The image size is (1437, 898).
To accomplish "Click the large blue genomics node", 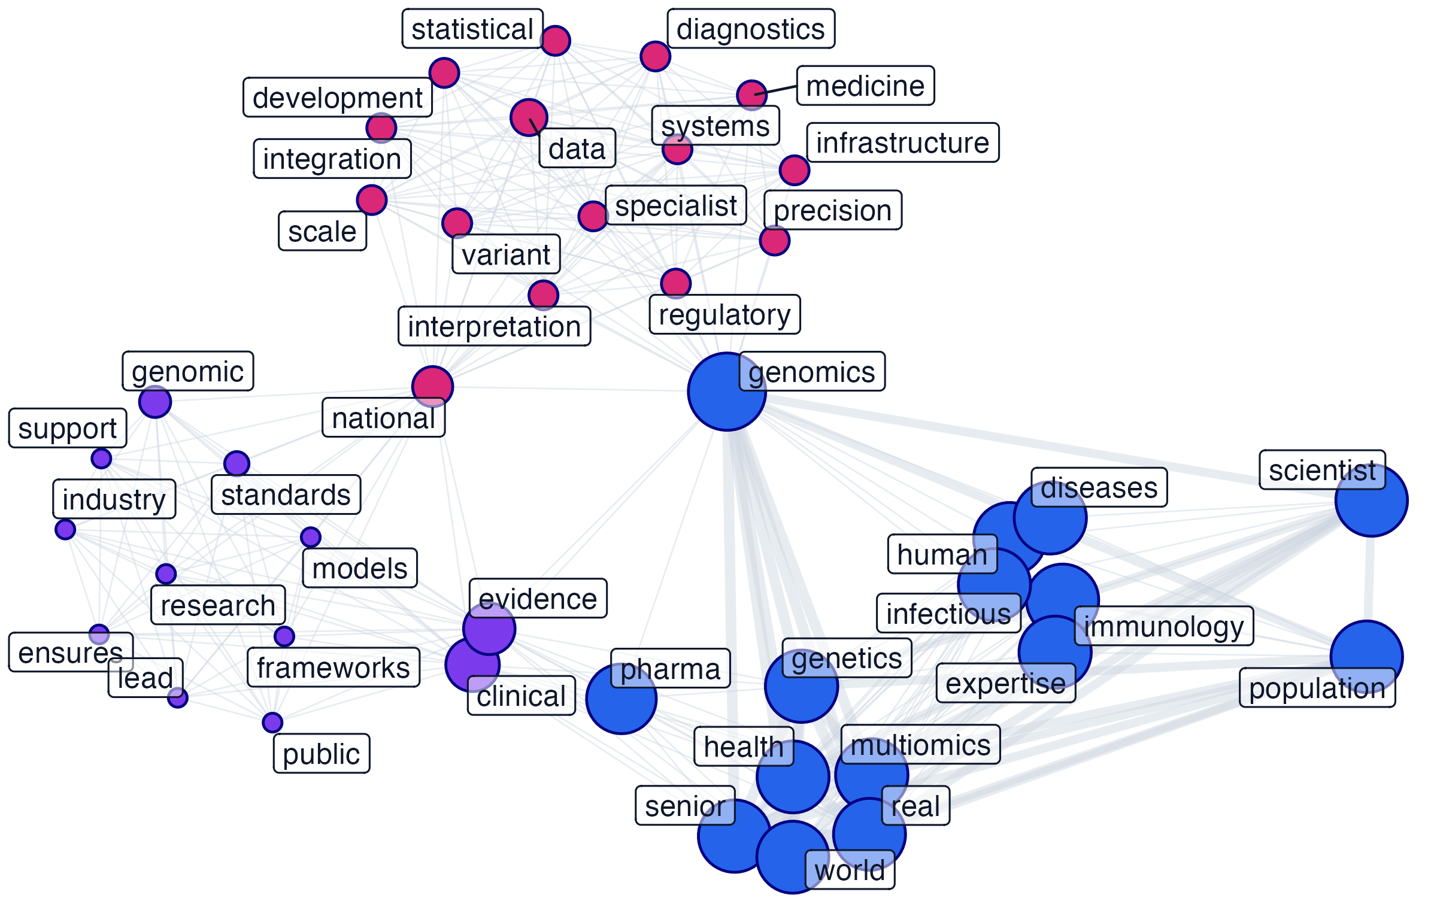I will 726,392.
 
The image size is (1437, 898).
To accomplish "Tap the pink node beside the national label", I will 432,386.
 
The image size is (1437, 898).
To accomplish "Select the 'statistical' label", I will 472,29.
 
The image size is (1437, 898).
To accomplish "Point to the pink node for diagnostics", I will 655,56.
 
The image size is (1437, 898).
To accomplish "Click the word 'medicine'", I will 865,86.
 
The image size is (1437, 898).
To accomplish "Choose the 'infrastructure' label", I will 902,142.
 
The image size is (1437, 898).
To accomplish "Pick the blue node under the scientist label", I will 1371,500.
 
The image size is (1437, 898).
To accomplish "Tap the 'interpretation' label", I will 494,326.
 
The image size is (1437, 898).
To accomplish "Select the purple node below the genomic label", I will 155,402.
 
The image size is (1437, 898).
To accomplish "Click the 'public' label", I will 321,754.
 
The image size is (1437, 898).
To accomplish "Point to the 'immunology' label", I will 1163,626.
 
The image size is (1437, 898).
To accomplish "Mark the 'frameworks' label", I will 334,667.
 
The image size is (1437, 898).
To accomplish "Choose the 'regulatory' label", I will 724,314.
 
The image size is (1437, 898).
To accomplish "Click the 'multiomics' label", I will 920,745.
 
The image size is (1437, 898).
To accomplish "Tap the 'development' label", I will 337,98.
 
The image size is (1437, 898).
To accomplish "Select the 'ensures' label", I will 70,653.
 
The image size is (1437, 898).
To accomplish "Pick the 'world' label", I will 850,869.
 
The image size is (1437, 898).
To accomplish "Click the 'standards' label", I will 286,495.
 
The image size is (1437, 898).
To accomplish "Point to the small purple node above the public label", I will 272,722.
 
